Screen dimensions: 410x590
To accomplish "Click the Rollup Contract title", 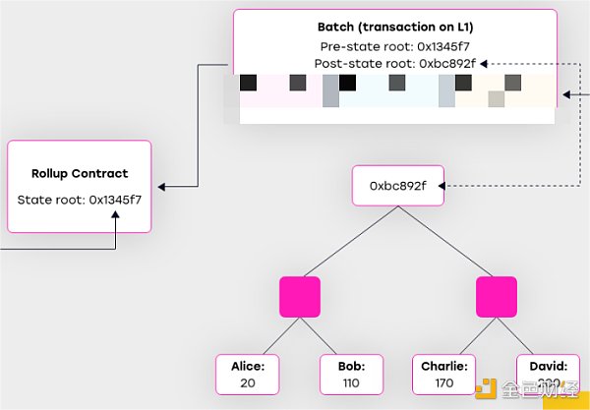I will pos(80,174).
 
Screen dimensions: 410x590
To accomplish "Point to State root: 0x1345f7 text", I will pos(80,200).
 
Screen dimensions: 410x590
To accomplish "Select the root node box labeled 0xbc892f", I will pos(397,184).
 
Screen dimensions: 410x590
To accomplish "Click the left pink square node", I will pos(300,297).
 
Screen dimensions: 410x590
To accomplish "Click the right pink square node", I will pos(496,297).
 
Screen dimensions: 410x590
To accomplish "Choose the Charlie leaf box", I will pos(444,375).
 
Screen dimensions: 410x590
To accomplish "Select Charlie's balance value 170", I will pos(444,382).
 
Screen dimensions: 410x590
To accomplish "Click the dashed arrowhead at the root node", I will pos(447,184).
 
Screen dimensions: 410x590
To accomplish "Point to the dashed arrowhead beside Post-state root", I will pos(485,63).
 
